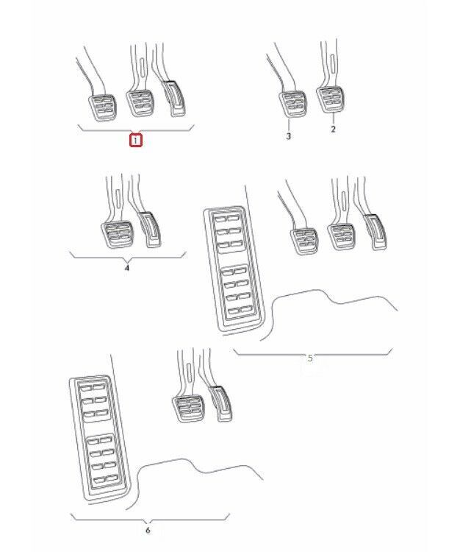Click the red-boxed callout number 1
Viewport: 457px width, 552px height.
click(136, 141)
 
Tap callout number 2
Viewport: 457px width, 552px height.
click(334, 129)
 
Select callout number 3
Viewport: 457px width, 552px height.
click(289, 136)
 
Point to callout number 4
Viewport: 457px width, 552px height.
click(127, 268)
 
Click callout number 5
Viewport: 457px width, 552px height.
click(310, 358)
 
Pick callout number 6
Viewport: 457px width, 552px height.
click(148, 530)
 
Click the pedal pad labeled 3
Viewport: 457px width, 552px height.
click(293, 105)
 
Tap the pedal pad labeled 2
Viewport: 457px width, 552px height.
click(331, 100)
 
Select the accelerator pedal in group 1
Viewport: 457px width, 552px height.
click(173, 99)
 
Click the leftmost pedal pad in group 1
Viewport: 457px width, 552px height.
click(103, 107)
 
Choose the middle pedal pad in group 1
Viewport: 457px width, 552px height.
click(140, 104)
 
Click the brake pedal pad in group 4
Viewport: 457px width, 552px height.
click(117, 236)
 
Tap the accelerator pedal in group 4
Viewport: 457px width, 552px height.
click(151, 230)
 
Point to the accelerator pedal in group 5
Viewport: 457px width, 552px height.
click(375, 233)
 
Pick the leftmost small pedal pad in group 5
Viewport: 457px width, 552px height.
click(304, 241)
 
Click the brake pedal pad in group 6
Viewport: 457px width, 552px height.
click(188, 408)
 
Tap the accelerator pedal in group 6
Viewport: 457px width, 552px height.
click(220, 404)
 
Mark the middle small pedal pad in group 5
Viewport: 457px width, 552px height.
click(340, 237)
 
